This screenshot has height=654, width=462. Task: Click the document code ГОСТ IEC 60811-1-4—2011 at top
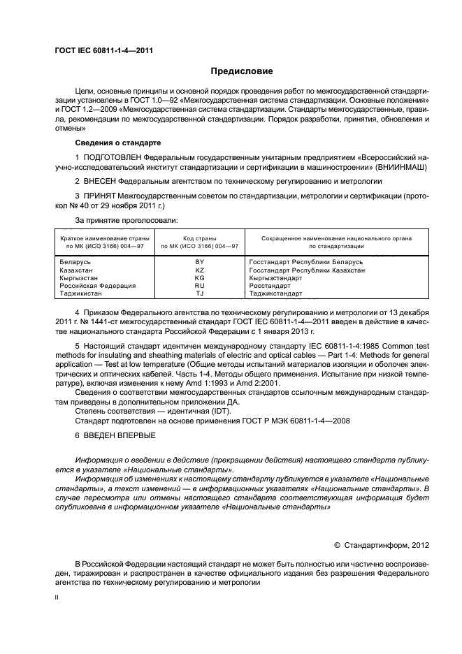[x=104, y=50]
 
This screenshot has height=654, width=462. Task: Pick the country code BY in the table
[x=199, y=261]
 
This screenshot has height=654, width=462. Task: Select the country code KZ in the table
[x=199, y=269]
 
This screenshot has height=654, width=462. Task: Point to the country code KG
[x=199, y=277]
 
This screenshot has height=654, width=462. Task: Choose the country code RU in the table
[x=199, y=285]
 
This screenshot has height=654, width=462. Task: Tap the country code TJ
[x=199, y=293]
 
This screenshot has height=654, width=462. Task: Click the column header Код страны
[x=199, y=238]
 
